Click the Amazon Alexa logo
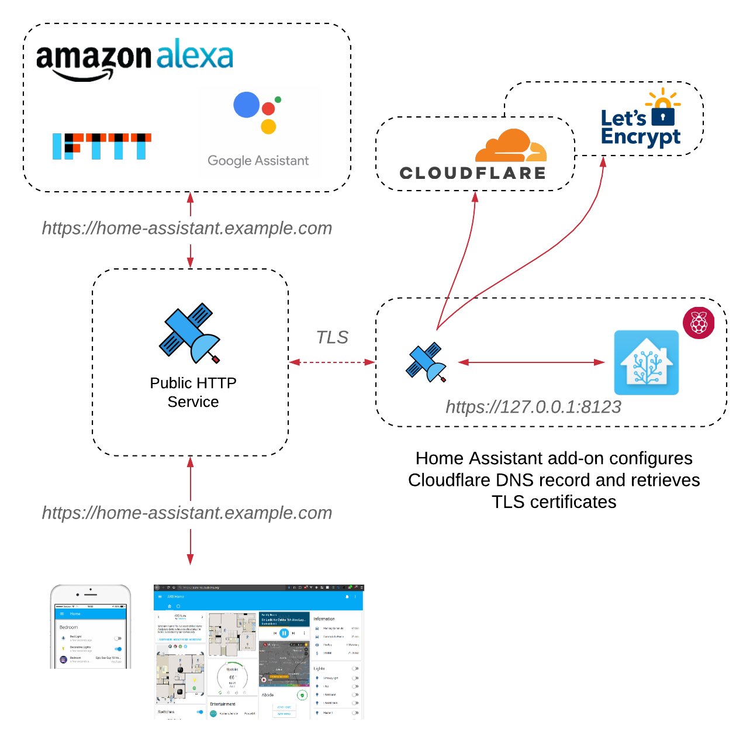tap(134, 58)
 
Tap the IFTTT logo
tap(102, 146)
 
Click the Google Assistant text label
tap(258, 161)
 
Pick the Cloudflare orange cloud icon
tap(510, 146)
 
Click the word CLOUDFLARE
tap(472, 173)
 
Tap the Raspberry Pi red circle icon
tap(699, 323)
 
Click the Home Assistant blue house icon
tap(646, 362)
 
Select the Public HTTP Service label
tap(193, 392)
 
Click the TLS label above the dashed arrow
tap(332, 337)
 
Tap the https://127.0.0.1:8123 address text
tap(533, 407)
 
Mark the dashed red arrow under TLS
tap(332, 362)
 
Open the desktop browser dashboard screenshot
tap(258, 652)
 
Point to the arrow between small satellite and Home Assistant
tap(531, 362)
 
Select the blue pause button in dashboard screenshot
tap(284, 633)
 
